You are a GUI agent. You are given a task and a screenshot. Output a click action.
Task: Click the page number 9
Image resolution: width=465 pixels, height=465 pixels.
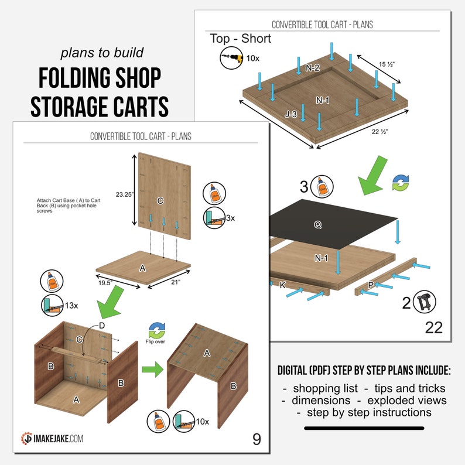(257, 439)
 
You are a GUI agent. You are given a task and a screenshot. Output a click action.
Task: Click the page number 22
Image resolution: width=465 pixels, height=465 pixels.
(433, 327)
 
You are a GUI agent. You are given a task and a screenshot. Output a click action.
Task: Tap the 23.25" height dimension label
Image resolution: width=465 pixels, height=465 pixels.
(124, 194)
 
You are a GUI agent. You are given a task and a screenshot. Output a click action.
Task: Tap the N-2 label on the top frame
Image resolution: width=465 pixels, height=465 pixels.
(312, 68)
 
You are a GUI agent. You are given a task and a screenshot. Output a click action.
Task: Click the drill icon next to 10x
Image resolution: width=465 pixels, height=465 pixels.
(231, 59)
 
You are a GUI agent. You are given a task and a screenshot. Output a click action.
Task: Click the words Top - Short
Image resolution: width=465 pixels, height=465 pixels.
(241, 39)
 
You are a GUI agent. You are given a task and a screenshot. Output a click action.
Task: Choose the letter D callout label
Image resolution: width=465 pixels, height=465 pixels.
(102, 324)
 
